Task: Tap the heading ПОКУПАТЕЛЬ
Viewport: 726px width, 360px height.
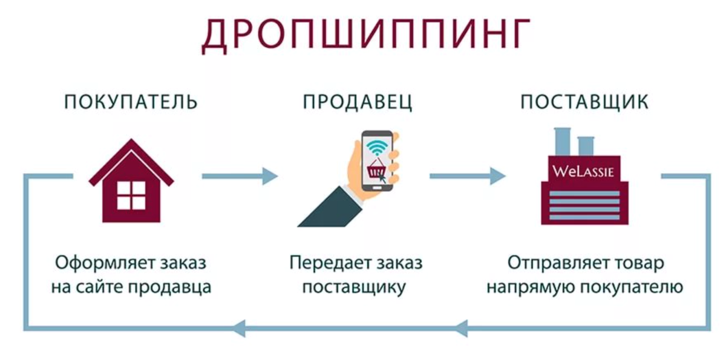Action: [131, 102]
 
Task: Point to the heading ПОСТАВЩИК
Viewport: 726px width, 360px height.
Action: [584, 102]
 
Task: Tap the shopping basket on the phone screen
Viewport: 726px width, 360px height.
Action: [376, 165]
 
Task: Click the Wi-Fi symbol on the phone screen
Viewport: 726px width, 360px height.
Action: [376, 146]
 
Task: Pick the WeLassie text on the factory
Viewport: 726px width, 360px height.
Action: [583, 171]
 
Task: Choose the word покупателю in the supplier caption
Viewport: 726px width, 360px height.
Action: [631, 287]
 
